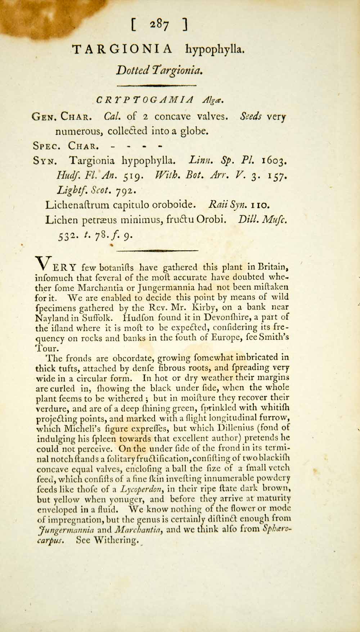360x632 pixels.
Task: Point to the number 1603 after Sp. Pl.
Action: pyautogui.click(x=274, y=160)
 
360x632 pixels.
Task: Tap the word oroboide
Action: pyautogui.click(x=171, y=206)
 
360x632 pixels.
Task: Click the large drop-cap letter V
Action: pyautogui.click(x=43, y=263)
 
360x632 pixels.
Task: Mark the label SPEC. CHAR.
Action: pyautogui.click(x=65, y=146)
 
